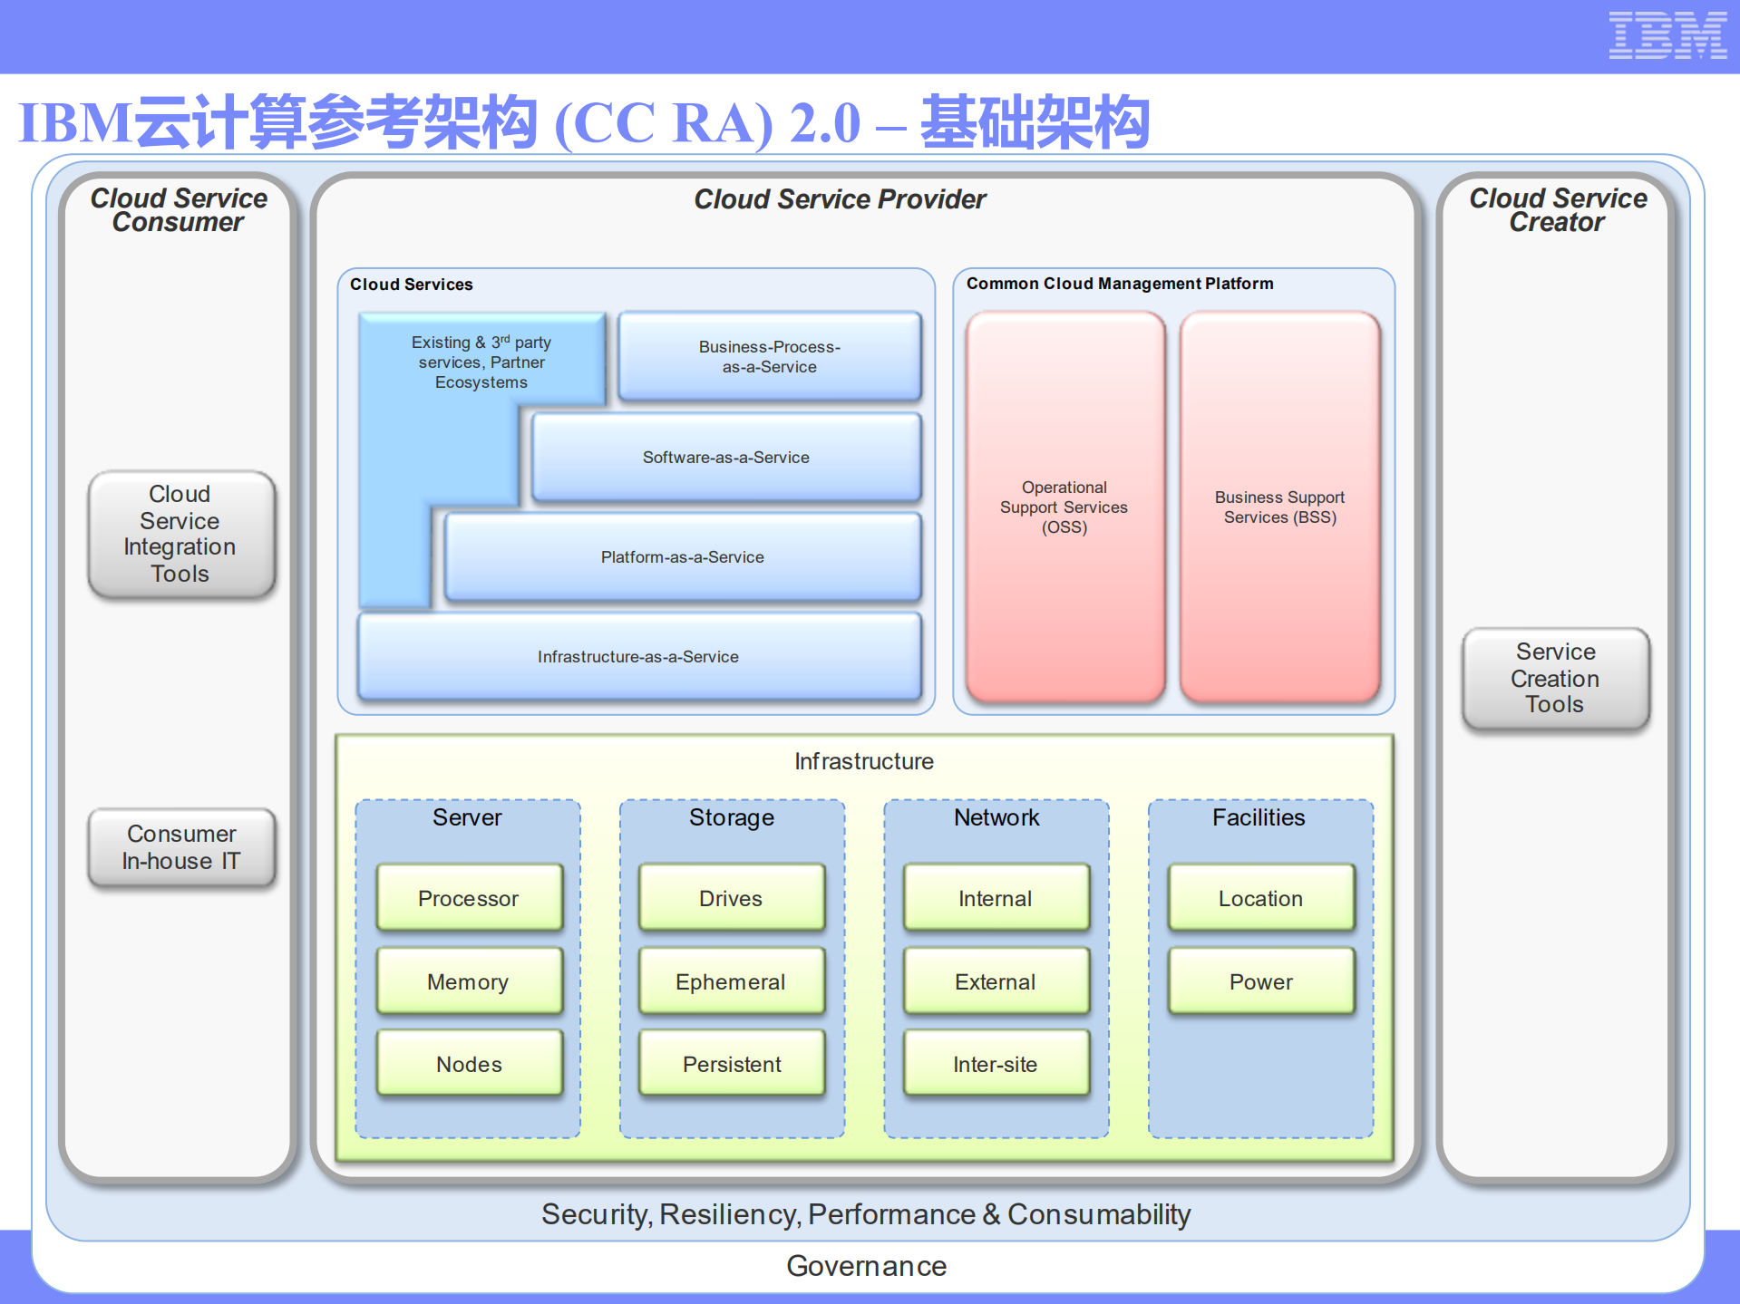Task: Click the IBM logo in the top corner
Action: coord(1667,36)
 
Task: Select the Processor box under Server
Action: coord(469,898)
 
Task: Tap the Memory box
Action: coord(469,981)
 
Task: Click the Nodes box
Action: coord(469,1064)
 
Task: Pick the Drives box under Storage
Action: coord(731,898)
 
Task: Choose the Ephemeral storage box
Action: coord(731,981)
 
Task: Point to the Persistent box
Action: coord(731,1064)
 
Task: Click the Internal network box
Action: coord(996,898)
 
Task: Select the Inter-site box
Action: coord(996,1064)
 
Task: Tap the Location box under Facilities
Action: coord(1260,898)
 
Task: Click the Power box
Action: coord(1260,981)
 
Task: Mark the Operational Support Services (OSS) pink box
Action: coord(1064,507)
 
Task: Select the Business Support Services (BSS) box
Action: coord(1279,507)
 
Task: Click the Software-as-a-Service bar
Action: coord(725,458)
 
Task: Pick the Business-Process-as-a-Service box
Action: coord(769,357)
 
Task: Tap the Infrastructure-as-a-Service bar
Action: coord(638,657)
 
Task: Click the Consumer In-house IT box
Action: coord(181,847)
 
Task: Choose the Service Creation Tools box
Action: coord(1555,678)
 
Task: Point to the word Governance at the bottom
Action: coord(866,1266)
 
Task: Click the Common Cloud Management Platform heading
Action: coord(1119,284)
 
